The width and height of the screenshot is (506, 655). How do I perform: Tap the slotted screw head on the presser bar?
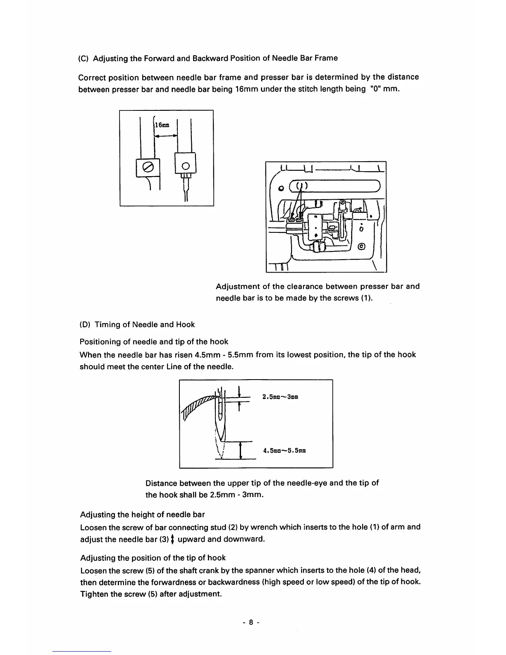coord(147,167)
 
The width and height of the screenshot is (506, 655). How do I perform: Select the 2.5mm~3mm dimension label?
coord(280,397)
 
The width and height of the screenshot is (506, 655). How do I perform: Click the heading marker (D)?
coord(84,325)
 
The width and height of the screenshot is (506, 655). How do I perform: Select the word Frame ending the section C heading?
coord(326,58)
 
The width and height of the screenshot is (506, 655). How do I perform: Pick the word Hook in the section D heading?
coord(185,325)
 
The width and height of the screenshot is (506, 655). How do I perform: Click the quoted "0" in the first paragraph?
coord(375,89)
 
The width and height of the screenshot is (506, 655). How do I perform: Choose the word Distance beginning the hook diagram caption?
coord(162,483)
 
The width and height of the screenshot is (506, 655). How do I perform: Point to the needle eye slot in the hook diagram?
coord(221,411)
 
